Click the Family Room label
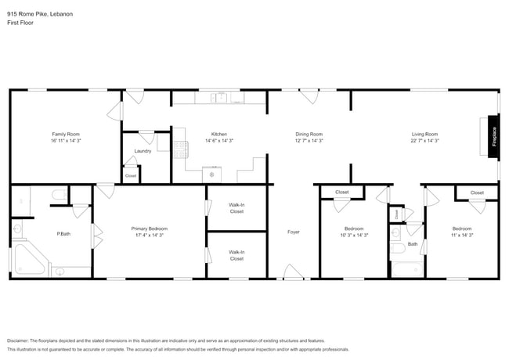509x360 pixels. pyautogui.click(x=66, y=134)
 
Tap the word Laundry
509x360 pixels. pyautogui.click(x=143, y=151)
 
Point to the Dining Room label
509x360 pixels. pyautogui.click(x=309, y=134)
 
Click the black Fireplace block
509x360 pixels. pyautogui.click(x=493, y=137)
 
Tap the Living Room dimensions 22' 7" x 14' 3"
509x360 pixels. pyautogui.click(x=424, y=141)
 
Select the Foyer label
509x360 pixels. pyautogui.click(x=293, y=232)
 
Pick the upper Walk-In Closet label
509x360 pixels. pyautogui.click(x=236, y=208)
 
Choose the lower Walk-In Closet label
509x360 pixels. pyautogui.click(x=236, y=255)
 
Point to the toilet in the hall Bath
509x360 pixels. pyautogui.click(x=396, y=232)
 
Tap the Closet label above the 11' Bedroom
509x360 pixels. pyautogui.click(x=477, y=193)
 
